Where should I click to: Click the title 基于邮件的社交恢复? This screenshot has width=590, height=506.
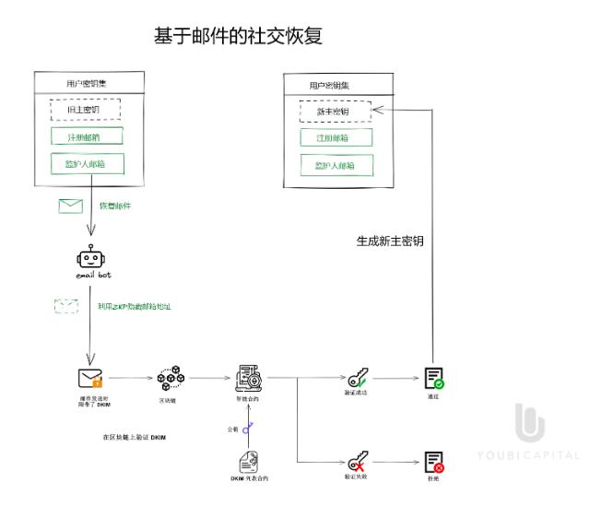[238, 36]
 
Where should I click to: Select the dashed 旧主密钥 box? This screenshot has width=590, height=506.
[87, 110]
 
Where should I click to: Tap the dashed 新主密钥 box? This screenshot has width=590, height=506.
[336, 112]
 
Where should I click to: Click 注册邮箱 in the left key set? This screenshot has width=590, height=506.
[87, 136]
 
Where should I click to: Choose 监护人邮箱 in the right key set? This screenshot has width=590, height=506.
[336, 166]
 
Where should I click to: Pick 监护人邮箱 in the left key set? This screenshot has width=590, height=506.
[87, 164]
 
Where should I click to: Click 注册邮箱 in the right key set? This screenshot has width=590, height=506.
[336, 138]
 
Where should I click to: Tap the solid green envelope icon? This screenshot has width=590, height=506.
[71, 206]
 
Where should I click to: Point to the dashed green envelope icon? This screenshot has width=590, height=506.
[66, 306]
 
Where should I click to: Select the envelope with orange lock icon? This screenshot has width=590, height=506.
[89, 378]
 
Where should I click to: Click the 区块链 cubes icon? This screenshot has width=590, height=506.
[169, 378]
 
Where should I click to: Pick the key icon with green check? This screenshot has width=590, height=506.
[358, 378]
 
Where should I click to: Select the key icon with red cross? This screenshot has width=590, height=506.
[358, 461]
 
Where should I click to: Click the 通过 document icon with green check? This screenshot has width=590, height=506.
[433, 378]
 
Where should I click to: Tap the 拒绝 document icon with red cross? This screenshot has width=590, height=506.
[433, 462]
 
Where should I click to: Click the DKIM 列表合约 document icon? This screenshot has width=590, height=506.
[248, 461]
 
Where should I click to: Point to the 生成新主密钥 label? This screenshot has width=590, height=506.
[390, 241]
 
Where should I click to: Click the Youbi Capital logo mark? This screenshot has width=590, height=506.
[529, 423]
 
